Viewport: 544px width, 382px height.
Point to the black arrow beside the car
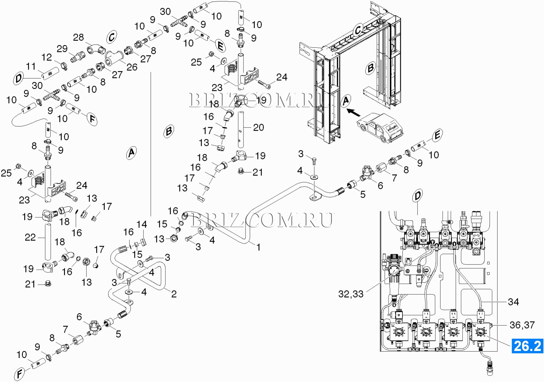point(353,112)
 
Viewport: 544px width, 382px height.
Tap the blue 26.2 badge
point(527,346)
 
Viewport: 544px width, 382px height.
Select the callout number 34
point(513,302)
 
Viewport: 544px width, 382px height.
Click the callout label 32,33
point(350,294)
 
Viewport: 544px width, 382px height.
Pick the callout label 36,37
point(522,325)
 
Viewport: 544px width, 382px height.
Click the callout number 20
point(258,127)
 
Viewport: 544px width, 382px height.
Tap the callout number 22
point(30,237)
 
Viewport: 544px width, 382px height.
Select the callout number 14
point(142,224)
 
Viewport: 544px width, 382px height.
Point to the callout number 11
point(31,66)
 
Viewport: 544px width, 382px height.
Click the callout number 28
point(78,37)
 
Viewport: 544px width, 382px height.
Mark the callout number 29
point(62,49)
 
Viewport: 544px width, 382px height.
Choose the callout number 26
point(132,67)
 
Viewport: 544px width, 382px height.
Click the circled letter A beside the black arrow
point(346,101)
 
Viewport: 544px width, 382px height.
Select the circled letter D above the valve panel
point(418,196)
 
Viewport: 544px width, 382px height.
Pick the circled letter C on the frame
point(358,30)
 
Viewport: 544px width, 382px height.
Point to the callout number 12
point(47,57)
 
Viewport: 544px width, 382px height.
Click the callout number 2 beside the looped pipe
point(174,294)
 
